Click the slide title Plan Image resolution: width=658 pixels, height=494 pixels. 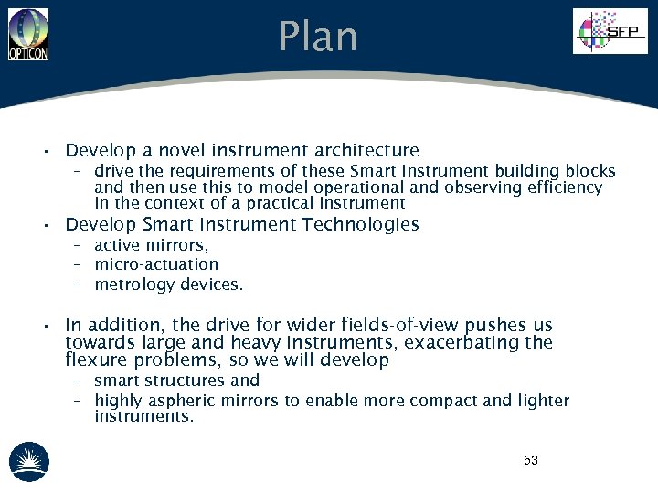[x=318, y=38]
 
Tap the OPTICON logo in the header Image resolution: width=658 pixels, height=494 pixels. [x=28, y=34]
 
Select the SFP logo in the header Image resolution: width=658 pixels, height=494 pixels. [x=609, y=32]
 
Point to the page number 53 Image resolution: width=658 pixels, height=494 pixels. [x=531, y=460]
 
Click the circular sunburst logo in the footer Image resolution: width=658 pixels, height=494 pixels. [x=29, y=462]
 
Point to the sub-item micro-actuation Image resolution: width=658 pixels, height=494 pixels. [x=156, y=264]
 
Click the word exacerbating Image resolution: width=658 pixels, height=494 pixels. [x=462, y=343]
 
